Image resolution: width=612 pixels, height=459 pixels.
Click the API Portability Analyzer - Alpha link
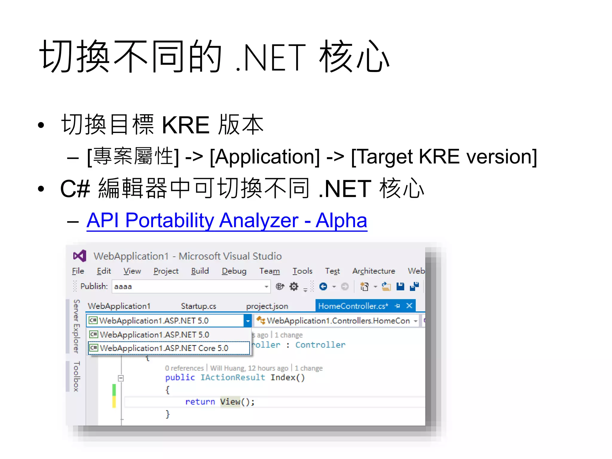(227, 221)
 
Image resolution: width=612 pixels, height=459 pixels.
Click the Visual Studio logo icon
(79, 256)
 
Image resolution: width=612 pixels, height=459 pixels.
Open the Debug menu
(234, 271)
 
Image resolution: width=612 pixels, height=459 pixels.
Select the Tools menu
(302, 271)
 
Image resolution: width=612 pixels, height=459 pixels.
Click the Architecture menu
(374, 271)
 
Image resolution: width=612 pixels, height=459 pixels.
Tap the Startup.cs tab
(198, 306)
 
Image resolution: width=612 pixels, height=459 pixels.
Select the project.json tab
(267, 306)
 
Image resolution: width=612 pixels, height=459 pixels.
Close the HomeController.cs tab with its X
(409, 305)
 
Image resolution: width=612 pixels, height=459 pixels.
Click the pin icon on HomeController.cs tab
(397, 306)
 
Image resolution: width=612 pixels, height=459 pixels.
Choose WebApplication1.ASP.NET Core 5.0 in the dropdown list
(164, 348)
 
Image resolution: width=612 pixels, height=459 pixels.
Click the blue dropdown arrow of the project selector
(248, 321)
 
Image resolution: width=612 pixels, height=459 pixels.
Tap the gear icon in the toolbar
(294, 287)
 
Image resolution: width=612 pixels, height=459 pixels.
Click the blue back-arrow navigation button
(323, 287)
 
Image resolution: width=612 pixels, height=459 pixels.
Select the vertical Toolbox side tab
(76, 376)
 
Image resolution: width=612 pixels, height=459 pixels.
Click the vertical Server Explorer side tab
(76, 326)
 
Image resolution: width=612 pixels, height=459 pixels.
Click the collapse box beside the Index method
(121, 378)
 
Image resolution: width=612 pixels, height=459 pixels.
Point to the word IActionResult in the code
(232, 377)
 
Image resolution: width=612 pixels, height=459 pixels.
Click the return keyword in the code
(200, 402)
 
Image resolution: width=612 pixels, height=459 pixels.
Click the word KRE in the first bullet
(185, 125)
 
